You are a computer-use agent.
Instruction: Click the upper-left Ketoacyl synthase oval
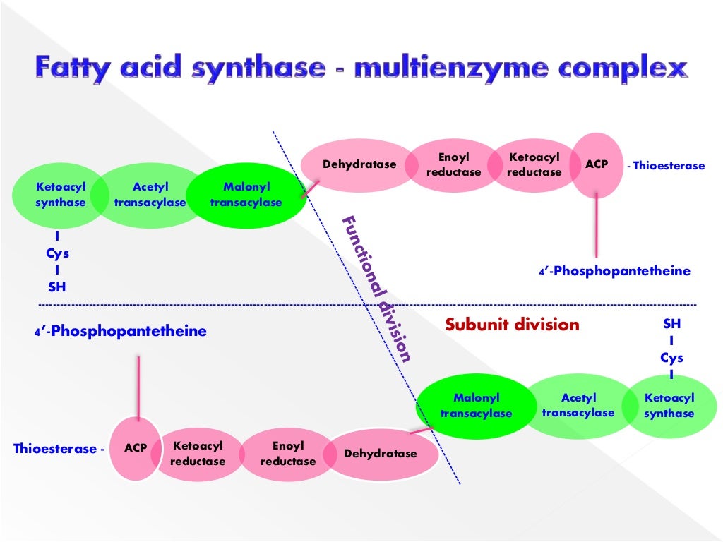60,195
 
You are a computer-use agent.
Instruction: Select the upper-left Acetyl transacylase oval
150,195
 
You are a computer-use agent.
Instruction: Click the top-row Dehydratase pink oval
359,165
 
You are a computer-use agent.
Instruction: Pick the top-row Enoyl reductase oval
453,165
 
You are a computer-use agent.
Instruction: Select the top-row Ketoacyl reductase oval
534,165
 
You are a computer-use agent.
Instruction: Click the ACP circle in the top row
596,165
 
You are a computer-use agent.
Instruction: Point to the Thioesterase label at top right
668,166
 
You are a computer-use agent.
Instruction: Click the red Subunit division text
512,325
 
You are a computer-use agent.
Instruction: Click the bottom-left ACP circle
136,448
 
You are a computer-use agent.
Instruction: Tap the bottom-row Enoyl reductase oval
288,454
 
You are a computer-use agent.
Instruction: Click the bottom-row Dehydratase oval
380,454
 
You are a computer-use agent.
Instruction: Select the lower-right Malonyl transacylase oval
476,406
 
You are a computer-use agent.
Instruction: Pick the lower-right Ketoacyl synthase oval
669,406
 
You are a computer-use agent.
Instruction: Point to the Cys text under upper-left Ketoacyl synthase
57,254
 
